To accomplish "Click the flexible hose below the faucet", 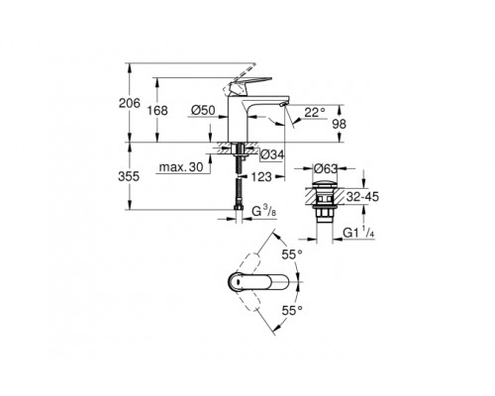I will click(x=240, y=188).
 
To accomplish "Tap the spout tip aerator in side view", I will click(x=284, y=106).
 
